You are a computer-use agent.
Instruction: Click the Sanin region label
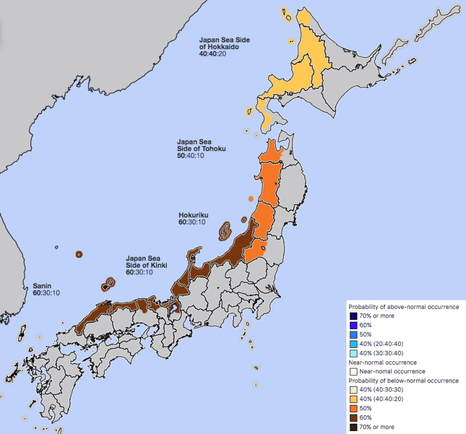(x=42, y=286)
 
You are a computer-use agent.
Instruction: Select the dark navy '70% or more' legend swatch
(x=353, y=316)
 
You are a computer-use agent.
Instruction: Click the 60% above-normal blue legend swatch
(x=353, y=325)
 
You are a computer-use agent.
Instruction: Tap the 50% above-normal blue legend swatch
(x=353, y=334)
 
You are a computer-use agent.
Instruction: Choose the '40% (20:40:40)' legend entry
(x=383, y=344)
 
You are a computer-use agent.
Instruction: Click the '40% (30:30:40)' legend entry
(x=383, y=353)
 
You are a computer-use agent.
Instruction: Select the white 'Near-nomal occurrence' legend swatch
(x=353, y=371)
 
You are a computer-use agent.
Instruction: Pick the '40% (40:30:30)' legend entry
(x=383, y=390)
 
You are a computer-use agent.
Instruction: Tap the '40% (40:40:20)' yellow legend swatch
(x=353, y=399)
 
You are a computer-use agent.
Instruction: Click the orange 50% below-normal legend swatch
(x=353, y=408)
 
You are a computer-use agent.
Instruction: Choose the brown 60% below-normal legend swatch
(x=353, y=417)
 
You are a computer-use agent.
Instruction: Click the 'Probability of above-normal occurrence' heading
(x=403, y=307)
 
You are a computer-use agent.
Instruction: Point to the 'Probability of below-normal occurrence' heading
(x=403, y=381)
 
